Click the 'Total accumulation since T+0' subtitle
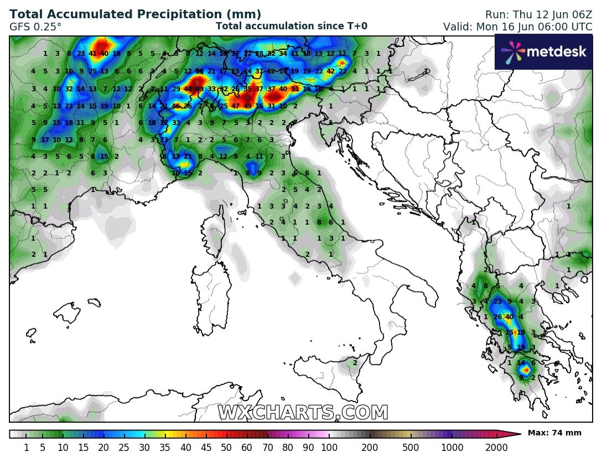click(291, 26)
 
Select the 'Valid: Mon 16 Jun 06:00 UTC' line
click(517, 26)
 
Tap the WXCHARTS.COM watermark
click(303, 413)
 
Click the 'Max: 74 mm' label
click(554, 433)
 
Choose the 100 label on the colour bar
click(329, 447)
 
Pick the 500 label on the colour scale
click(411, 447)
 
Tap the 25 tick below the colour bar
click(124, 447)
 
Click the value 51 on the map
click(295, 89)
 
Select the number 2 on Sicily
click(355, 362)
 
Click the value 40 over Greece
click(510, 317)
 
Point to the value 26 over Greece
click(497, 317)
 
